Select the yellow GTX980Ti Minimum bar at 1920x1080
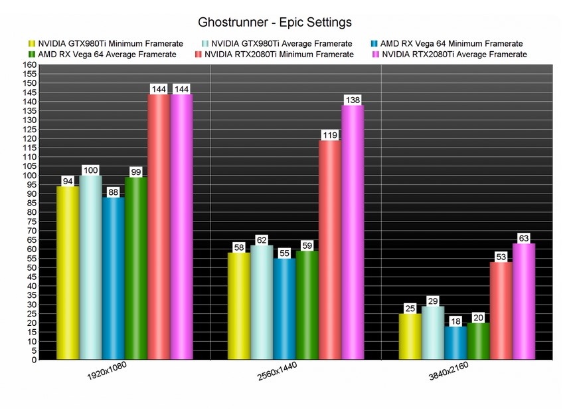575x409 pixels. click(x=67, y=273)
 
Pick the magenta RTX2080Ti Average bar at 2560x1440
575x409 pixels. click(x=353, y=233)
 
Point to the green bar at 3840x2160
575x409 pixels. click(x=478, y=341)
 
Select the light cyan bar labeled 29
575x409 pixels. click(x=432, y=333)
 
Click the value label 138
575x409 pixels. click(x=353, y=100)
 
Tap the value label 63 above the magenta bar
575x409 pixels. click(x=524, y=238)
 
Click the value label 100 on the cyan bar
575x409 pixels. click(x=90, y=170)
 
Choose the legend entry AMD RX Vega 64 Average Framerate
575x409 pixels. click(x=106, y=55)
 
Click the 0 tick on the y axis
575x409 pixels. click(x=33, y=360)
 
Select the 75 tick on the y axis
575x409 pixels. click(x=30, y=221)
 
